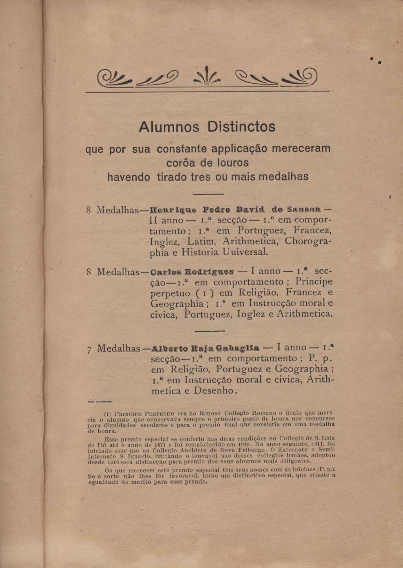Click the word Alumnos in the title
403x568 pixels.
tap(169, 127)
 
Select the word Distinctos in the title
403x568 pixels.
tap(241, 127)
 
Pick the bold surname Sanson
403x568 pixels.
tap(304, 209)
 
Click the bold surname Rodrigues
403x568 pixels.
tap(209, 272)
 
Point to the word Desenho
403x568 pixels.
tap(214, 391)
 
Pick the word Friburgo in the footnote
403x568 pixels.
tap(247, 450)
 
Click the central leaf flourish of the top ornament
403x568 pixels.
tap(207, 76)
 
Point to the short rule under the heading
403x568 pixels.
tap(208, 194)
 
